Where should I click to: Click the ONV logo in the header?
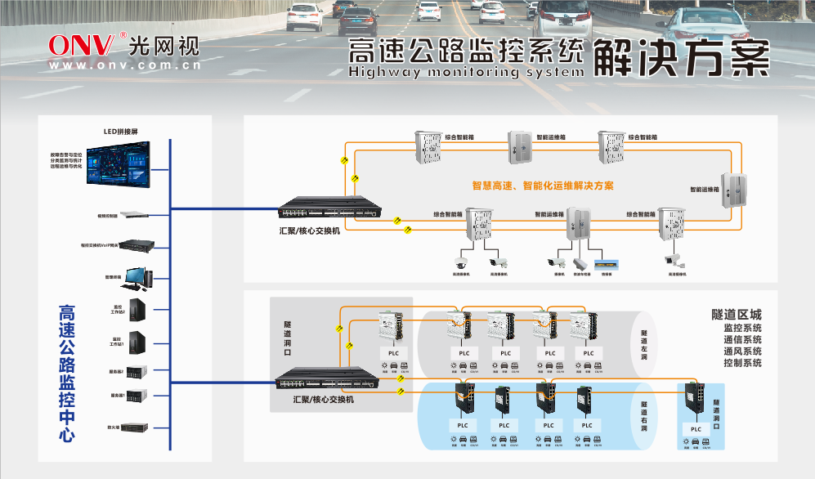[x=87, y=44]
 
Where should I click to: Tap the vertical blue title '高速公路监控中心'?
[x=67, y=373]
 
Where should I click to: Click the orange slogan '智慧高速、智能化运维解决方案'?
[x=543, y=186]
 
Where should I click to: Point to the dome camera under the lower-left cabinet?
[x=460, y=263]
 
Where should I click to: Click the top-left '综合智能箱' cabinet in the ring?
[x=427, y=147]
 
